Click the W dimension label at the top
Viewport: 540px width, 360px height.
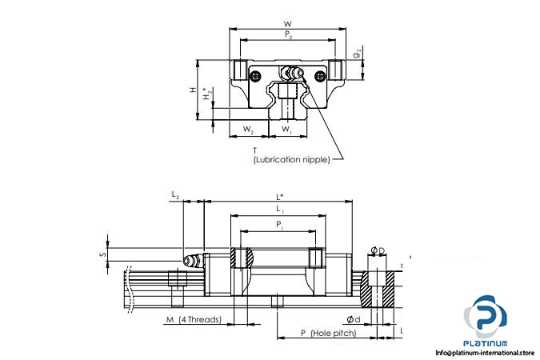click(x=287, y=22)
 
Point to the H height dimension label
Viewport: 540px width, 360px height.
click(x=193, y=90)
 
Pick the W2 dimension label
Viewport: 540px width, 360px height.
click(x=249, y=130)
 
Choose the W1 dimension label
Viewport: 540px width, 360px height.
click(x=286, y=130)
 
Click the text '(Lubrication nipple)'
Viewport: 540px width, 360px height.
click(x=290, y=160)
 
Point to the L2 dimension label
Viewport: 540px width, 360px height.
click(x=175, y=194)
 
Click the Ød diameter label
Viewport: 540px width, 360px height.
click(x=355, y=321)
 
